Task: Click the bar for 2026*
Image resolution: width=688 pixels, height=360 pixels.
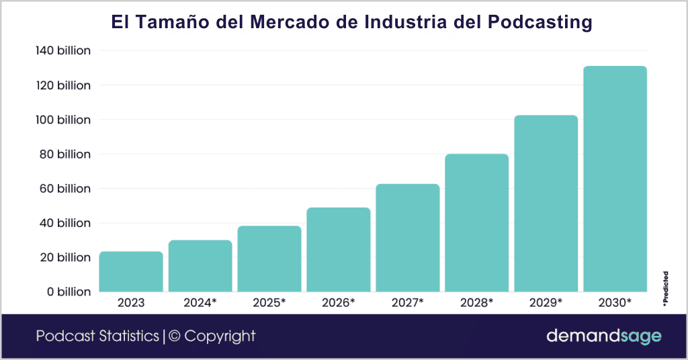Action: [339, 250]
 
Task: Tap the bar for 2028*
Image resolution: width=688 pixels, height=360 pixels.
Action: [476, 223]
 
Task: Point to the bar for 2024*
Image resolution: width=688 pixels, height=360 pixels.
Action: [200, 266]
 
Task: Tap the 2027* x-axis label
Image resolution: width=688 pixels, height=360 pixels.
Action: [407, 303]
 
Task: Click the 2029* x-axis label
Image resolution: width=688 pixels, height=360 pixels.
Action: [546, 303]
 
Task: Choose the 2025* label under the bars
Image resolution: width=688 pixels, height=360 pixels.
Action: [269, 303]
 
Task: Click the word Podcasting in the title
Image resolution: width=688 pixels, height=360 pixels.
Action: [535, 22]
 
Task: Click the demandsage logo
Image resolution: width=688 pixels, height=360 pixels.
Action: [603, 336]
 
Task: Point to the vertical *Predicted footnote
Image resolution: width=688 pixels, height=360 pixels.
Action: [665, 289]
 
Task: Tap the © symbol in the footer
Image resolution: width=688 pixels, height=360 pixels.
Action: [174, 336]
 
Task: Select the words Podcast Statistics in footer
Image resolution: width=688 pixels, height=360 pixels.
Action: [97, 336]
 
